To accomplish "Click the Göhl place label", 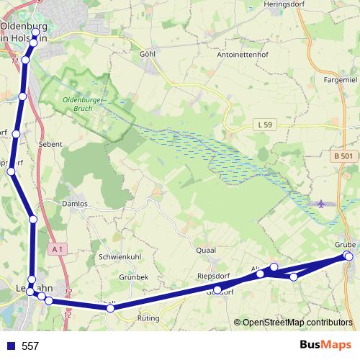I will (x=148, y=54).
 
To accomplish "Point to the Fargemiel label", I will (x=341, y=80).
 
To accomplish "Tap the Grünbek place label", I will (x=133, y=276).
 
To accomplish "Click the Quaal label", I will (x=206, y=250).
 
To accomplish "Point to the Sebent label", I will (x=50, y=144).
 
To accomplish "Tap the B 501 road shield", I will (x=344, y=156).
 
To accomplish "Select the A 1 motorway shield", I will (x=58, y=248).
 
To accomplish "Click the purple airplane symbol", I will (x=321, y=204).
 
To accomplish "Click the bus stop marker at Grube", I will (x=349, y=256).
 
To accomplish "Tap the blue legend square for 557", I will (x=11, y=346).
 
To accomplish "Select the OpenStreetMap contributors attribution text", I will (x=297, y=323).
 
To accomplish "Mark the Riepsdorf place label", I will (x=212, y=276).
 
